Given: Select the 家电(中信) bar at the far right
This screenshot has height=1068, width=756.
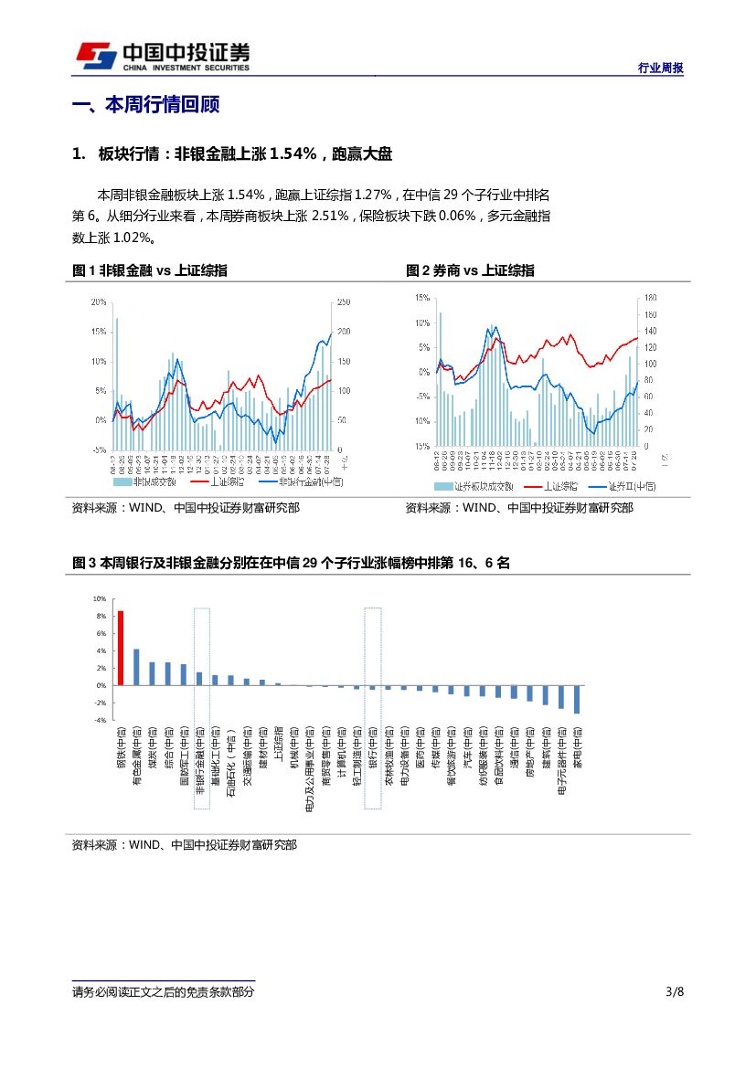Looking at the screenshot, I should point(577,699).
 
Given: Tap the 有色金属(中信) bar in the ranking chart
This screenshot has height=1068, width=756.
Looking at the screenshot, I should point(136,667).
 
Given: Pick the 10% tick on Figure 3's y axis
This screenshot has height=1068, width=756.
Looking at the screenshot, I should point(100,598).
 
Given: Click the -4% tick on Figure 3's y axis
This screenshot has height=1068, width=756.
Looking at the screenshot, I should point(100,720).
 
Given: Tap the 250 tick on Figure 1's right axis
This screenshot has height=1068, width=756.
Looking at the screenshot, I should point(344,301).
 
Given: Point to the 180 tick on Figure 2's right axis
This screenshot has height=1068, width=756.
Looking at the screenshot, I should point(650,298).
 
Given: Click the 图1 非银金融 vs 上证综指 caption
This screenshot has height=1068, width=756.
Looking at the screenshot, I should point(150,270).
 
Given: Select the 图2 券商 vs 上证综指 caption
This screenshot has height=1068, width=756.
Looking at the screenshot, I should point(470,270).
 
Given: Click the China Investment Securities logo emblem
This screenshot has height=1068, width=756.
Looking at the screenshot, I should point(94,56).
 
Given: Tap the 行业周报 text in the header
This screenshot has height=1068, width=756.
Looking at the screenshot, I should point(660,69).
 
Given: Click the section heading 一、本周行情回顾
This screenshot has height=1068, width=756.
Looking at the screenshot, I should point(145,105).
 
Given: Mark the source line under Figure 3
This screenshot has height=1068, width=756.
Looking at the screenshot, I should point(184,846).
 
